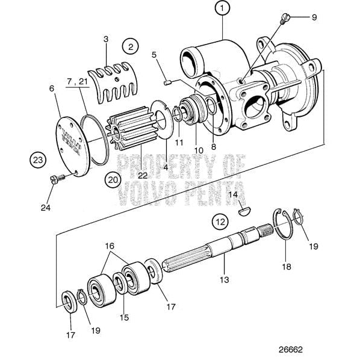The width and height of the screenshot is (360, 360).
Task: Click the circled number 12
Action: click(x=220, y=222)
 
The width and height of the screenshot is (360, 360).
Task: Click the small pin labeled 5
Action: click(x=170, y=81)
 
